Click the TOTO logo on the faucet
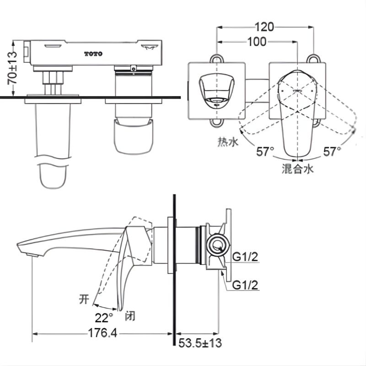tap(93, 54)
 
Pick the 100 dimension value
tap(257, 42)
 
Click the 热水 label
tap(228, 143)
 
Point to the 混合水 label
tap(297, 169)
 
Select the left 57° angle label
tap(265, 151)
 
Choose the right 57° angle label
tap(332, 151)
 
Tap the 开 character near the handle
tap(84, 300)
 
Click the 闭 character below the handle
tap(130, 316)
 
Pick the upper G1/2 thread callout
tap(246, 258)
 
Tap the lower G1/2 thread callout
tap(246, 285)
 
